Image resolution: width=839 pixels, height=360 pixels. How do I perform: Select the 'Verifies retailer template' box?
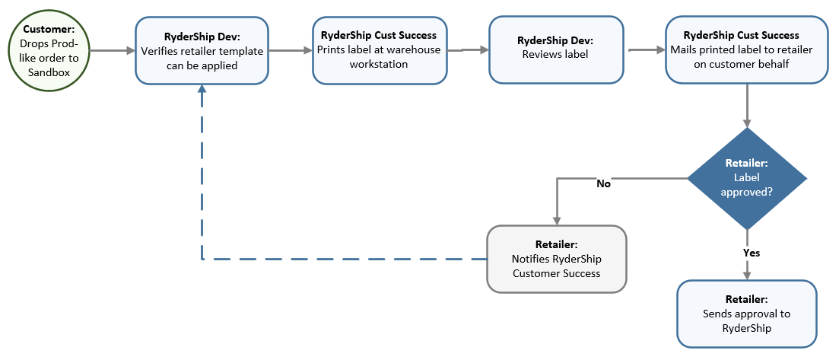pos(201,50)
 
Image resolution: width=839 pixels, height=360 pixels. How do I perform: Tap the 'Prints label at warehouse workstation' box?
pos(379,50)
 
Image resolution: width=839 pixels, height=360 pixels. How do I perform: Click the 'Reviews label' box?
pos(555,50)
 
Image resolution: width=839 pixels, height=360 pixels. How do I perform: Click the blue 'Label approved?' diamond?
pos(748,178)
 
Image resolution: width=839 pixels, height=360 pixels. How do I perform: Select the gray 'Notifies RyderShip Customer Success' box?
pos(556,259)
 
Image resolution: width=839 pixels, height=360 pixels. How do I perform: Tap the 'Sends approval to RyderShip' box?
pos(746,313)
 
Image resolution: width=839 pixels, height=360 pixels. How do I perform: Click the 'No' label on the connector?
pos(602,183)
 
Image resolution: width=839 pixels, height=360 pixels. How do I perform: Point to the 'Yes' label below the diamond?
pos(751,252)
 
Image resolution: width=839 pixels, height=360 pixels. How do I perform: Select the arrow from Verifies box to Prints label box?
pos(290,51)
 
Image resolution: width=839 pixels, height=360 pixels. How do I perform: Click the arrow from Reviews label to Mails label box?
pos(647,51)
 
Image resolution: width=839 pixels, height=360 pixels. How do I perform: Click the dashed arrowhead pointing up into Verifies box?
pos(202,89)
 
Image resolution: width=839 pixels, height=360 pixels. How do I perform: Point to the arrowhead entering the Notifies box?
pos(558,220)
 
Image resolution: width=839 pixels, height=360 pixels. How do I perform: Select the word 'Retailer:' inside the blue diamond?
pos(748,163)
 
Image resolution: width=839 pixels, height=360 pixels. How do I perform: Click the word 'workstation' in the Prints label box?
pos(379,64)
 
